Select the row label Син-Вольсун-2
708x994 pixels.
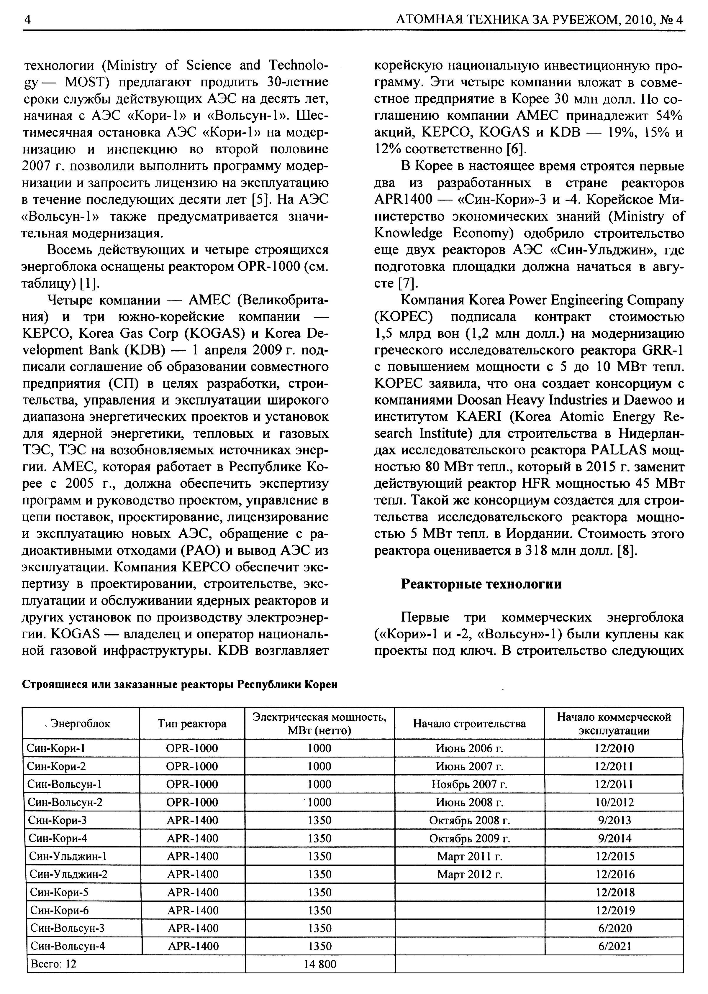click(x=65, y=802)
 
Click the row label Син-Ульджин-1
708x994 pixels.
click(x=67, y=856)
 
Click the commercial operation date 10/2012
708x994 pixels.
click(x=614, y=802)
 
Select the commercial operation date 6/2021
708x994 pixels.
click(x=614, y=946)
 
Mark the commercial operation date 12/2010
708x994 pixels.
click(x=614, y=748)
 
